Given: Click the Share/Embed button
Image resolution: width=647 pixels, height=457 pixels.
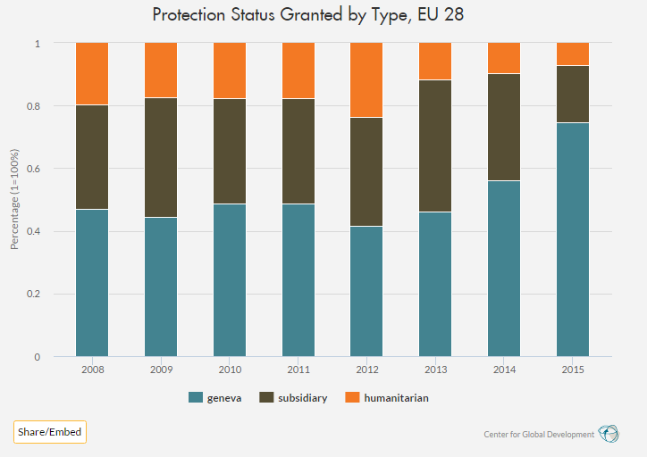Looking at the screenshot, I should coord(50,432).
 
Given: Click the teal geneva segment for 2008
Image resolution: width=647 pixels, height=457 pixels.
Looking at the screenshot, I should coord(92,283).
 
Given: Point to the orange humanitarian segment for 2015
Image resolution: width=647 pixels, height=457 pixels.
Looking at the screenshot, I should coord(572,54).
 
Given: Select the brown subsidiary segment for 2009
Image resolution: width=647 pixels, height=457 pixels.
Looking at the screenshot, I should coord(161,157).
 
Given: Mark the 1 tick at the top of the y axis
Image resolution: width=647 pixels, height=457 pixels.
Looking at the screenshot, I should coord(37,43).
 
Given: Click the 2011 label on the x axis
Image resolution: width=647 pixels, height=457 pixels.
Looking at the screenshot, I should coord(298,369).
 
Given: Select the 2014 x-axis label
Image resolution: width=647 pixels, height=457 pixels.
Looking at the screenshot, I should coord(504,369).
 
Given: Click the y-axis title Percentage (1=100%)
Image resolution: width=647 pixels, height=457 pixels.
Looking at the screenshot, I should coord(14,199).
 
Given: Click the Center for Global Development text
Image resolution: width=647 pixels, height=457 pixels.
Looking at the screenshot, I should coord(539,435).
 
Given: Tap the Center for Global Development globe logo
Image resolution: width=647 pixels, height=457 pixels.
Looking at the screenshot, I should coord(609,434).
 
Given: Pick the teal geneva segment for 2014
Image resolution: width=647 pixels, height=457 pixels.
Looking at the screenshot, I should coord(504,269).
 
